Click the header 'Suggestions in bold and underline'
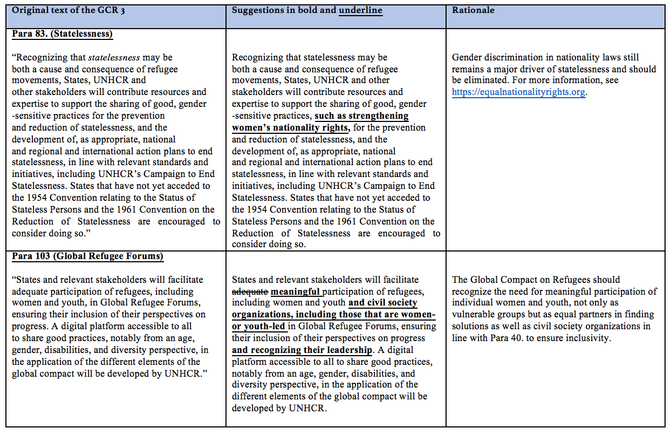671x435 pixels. tap(307, 10)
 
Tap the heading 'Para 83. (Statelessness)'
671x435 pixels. tap(62, 33)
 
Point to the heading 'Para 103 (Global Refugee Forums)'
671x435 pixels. tap(87, 256)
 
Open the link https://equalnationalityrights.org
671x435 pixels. tap(518, 92)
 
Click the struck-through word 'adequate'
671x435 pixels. tap(250, 291)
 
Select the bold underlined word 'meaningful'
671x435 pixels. tap(296, 291)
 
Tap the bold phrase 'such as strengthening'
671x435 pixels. tap(361, 115)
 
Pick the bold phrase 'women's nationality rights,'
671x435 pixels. tap(291, 127)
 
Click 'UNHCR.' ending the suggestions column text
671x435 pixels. tap(307, 409)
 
